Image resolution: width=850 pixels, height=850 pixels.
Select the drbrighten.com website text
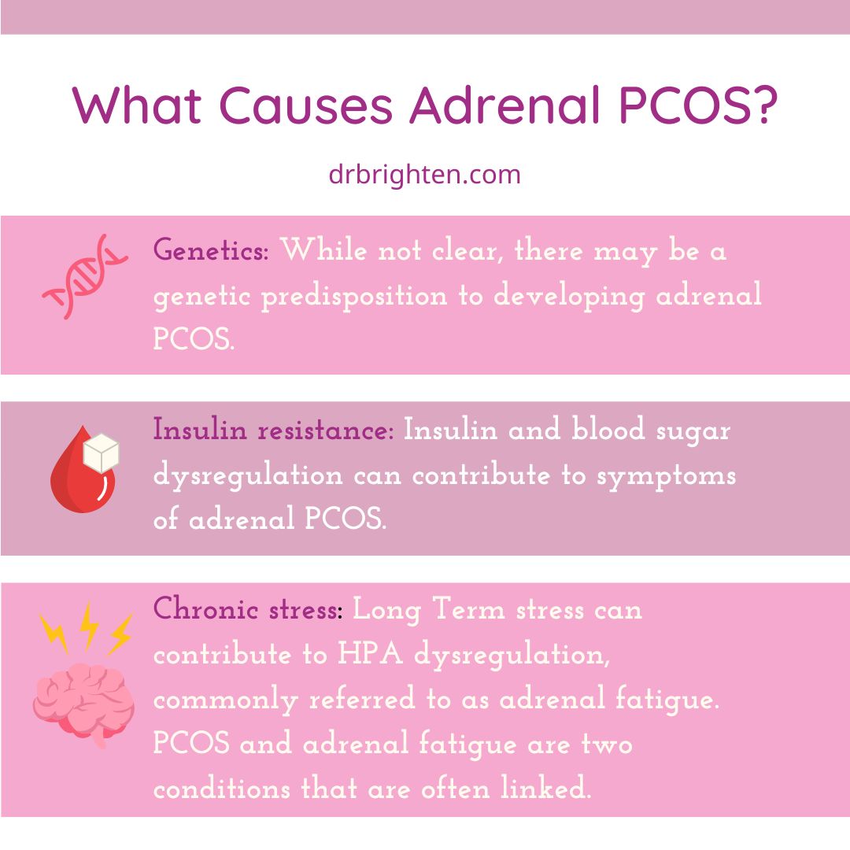point(425,174)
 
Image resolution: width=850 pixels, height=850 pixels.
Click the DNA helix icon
point(84,275)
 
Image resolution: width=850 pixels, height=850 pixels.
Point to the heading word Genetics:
point(211,252)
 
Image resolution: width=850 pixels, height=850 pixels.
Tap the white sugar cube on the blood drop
point(102,455)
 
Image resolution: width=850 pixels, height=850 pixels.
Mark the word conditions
point(223,789)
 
